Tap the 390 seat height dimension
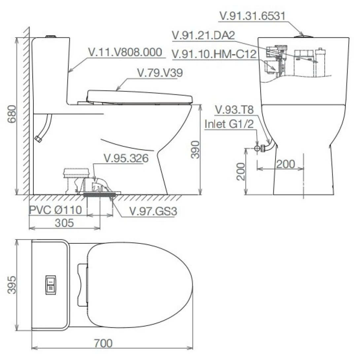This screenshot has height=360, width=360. coord(196,150)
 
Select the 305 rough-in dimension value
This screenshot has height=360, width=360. coord(64,223)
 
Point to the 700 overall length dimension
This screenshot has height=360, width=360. coord(103,343)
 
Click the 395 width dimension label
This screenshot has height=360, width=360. coord(12,285)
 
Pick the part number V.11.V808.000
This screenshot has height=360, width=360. coord(126,52)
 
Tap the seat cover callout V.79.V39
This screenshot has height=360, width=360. coord(160,73)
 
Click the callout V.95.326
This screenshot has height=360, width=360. coord(126,159)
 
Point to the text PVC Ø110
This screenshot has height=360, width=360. coord(55,210)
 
